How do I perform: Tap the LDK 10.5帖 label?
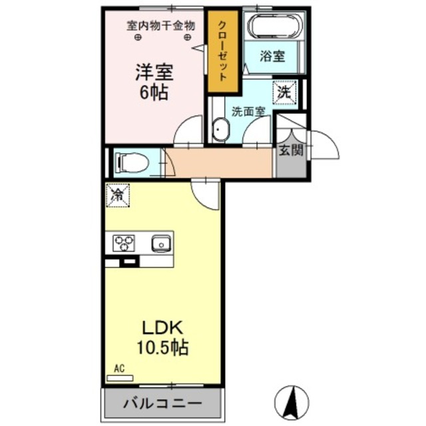(164, 337)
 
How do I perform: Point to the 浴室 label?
(273, 57)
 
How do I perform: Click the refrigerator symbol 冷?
(117, 195)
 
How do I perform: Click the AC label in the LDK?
(119, 367)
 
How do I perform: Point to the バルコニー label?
(162, 402)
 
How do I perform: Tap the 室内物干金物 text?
(161, 26)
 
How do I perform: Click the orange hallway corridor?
(220, 162)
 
